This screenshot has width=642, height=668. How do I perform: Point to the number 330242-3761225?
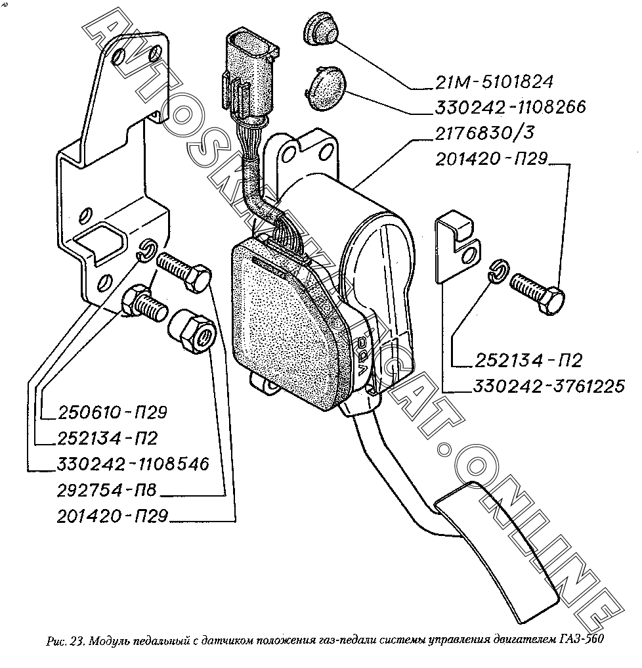(x=547, y=386)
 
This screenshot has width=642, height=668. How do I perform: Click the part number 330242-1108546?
(x=133, y=464)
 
